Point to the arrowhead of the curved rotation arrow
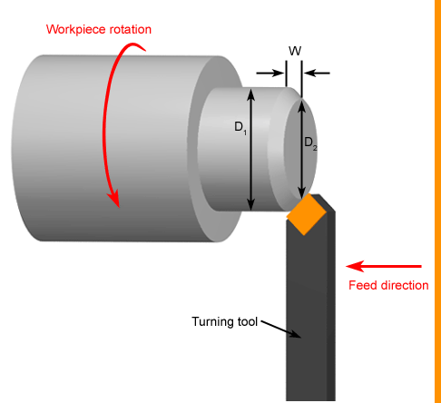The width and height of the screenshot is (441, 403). (115, 198)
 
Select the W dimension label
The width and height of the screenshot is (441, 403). (294, 50)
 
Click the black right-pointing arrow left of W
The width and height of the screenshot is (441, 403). (270, 73)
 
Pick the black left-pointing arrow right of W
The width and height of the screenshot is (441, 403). (317, 73)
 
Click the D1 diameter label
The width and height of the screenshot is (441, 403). (240, 127)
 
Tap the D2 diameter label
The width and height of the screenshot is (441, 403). (309, 143)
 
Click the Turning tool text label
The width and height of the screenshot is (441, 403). (225, 321)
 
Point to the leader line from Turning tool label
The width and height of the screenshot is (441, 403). (280, 329)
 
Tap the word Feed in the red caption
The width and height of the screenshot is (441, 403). (362, 286)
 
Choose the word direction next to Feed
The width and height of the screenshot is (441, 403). (403, 286)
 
